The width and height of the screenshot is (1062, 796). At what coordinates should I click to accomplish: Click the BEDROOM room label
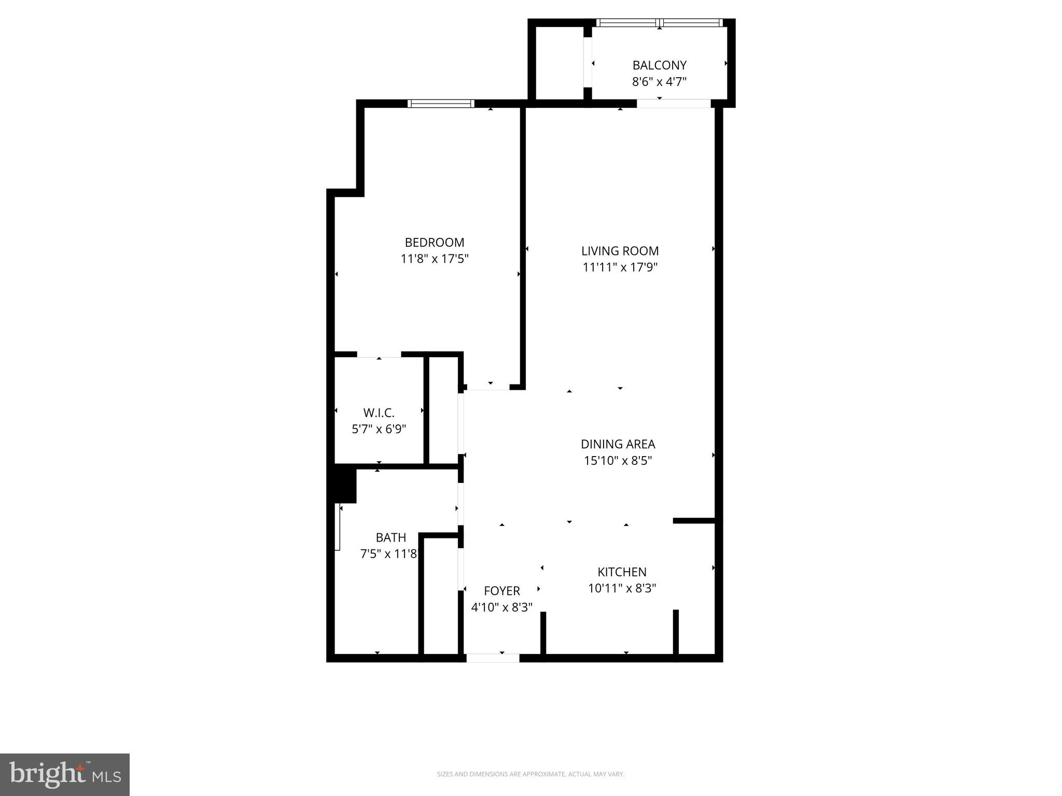(x=434, y=242)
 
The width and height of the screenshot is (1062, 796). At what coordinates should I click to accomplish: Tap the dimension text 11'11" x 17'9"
(x=620, y=267)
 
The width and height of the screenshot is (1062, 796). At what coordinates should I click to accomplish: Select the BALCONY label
(x=659, y=65)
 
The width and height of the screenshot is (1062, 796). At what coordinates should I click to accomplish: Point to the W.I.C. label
(x=379, y=413)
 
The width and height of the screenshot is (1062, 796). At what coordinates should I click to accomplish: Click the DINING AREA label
(x=618, y=444)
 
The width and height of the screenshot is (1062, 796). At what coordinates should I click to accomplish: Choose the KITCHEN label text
(x=622, y=572)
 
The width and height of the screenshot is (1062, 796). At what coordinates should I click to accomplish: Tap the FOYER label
(x=501, y=591)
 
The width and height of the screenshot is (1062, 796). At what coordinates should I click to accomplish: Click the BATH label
(x=390, y=537)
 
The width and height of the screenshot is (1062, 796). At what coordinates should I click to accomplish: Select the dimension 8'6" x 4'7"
(x=659, y=82)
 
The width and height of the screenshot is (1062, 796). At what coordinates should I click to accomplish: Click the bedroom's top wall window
(x=441, y=104)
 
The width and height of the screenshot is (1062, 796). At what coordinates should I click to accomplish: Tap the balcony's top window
(x=659, y=23)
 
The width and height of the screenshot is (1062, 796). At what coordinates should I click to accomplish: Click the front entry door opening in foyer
(x=493, y=658)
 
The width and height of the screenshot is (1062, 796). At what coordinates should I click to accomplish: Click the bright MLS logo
(x=65, y=774)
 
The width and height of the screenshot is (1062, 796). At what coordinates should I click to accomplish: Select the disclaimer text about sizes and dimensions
(x=530, y=774)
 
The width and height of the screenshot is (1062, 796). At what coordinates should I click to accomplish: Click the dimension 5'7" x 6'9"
(x=379, y=429)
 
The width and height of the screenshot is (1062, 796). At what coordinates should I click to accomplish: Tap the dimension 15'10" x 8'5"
(x=618, y=461)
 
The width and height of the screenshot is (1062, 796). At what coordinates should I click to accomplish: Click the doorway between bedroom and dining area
(x=487, y=388)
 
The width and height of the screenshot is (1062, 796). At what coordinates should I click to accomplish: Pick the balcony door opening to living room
(x=673, y=104)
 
